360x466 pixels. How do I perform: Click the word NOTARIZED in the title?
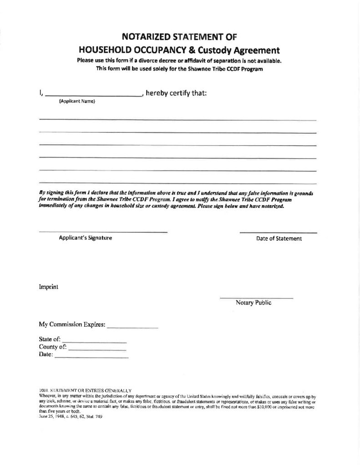(144, 37)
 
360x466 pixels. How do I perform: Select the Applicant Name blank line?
(94, 95)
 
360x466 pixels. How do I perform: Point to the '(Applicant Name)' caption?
(77, 101)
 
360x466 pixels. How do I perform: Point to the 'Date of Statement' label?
(279, 238)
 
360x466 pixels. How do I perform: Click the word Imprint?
(48, 287)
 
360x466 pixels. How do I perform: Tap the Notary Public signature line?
(256, 298)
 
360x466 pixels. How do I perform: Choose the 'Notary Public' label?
(254, 303)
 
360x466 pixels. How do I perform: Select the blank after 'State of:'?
(94, 341)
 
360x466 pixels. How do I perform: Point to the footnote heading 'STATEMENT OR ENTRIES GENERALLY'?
(91, 390)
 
